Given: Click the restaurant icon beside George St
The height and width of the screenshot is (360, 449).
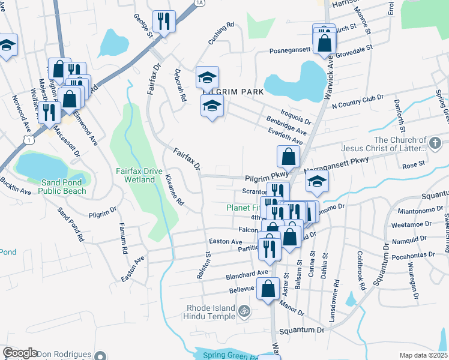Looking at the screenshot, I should [163, 22].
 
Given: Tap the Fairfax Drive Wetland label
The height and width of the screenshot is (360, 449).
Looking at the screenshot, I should [139, 175].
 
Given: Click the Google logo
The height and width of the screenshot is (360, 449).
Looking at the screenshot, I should [20, 353].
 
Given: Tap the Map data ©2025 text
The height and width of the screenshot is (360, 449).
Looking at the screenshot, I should [423, 355].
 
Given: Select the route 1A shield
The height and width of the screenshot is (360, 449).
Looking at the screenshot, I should [200, 3].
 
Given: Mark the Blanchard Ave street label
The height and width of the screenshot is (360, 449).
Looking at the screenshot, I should [247, 274].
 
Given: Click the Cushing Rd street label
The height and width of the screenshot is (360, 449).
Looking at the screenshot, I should [221, 34].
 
